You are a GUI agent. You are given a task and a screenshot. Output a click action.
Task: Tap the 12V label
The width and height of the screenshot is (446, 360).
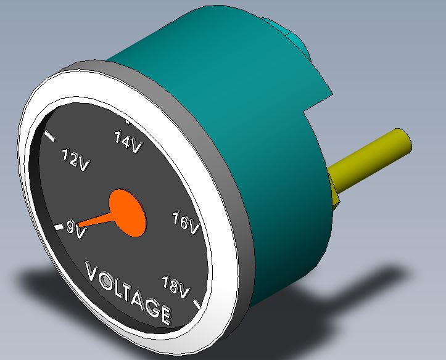coord(75,160)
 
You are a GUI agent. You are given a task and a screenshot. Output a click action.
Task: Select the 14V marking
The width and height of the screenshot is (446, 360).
coord(128,142)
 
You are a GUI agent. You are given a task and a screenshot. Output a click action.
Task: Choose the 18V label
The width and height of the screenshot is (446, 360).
coord(175,287)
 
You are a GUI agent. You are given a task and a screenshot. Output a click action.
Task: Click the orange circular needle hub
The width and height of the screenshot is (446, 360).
coord(128,212)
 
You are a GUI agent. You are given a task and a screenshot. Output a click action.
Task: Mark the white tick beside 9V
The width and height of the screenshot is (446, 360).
coord(59,227)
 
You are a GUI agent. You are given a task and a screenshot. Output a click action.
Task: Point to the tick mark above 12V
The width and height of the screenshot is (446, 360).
coord(51,137)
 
